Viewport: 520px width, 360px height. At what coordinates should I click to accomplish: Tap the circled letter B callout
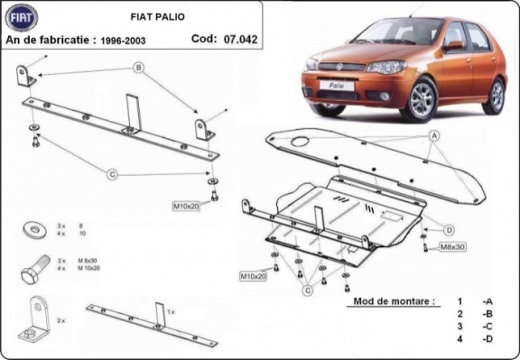[x=139, y=68]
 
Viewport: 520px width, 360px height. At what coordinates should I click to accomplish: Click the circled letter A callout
[x=433, y=135]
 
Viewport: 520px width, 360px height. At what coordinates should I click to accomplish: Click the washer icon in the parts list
[x=32, y=227]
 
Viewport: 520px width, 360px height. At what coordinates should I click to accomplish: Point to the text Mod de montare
[x=394, y=300]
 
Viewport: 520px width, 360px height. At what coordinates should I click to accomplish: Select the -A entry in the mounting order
[x=487, y=300]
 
